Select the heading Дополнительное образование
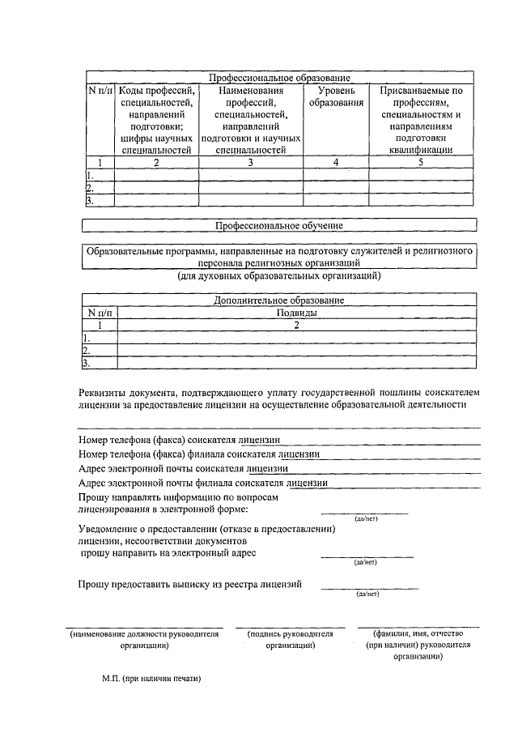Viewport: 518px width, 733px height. click(x=279, y=300)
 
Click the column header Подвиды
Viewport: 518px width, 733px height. click(x=296, y=312)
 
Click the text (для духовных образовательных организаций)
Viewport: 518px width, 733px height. click(x=279, y=276)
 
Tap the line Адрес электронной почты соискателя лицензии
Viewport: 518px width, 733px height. click(x=183, y=468)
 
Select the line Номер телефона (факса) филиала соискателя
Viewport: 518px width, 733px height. click(x=199, y=454)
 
